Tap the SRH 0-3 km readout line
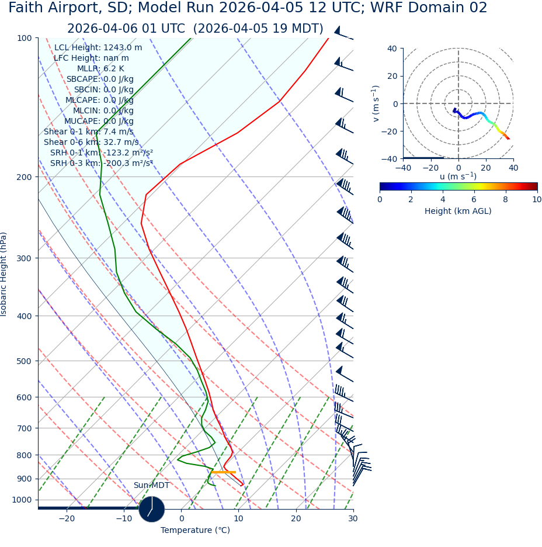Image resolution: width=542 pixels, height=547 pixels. [101, 164]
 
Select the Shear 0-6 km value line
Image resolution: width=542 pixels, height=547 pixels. [91, 143]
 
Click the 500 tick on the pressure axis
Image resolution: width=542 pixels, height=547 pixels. [24, 361]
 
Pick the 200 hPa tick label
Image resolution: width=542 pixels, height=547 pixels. [24, 177]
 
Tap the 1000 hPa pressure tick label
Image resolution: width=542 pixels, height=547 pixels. [22, 500]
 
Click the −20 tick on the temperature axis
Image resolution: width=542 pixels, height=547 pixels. [67, 519]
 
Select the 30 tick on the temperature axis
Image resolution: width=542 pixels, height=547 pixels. [353, 519]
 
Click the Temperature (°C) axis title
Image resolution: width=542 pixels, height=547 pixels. [195, 531]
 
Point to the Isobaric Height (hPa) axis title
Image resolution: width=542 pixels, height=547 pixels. [4, 274]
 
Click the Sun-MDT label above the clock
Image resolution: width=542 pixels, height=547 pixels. [151, 486]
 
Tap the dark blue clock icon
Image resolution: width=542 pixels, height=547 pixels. [152, 509]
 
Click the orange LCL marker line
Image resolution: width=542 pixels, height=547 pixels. [223, 472]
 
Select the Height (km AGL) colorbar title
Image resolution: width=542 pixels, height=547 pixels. [458, 211]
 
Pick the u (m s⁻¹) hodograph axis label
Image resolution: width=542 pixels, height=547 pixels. [458, 176]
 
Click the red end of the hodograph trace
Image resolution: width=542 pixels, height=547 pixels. [508, 139]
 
